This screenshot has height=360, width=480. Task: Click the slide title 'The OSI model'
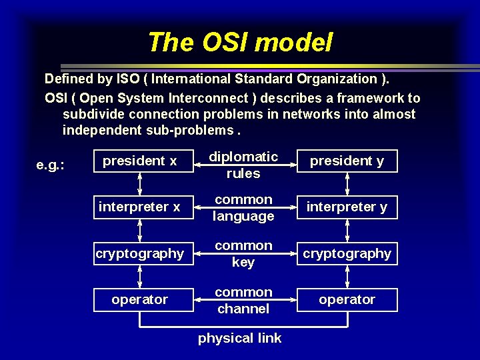pos(240,43)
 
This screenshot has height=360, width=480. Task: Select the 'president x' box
pos(139,161)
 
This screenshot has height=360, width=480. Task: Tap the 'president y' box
pos(347,161)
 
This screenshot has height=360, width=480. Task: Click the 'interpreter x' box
pos(139,207)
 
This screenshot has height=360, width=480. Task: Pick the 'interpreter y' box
pos(347,207)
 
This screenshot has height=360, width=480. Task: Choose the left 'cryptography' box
pos(139,253)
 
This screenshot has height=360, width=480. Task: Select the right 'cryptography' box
pos(347,253)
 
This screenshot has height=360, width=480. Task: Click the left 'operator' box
pos(139,299)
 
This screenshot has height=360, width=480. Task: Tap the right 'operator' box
pos(347,299)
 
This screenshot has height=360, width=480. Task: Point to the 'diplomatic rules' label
pos(243,165)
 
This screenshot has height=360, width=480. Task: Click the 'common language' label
pos(243,207)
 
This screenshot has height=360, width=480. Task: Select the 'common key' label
pos(243,254)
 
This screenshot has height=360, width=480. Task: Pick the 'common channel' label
pos(243,300)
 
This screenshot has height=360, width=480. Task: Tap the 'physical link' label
pos(240,338)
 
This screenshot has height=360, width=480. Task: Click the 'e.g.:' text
pos(50,165)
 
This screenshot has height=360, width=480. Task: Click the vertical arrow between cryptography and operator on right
pos(347,276)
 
